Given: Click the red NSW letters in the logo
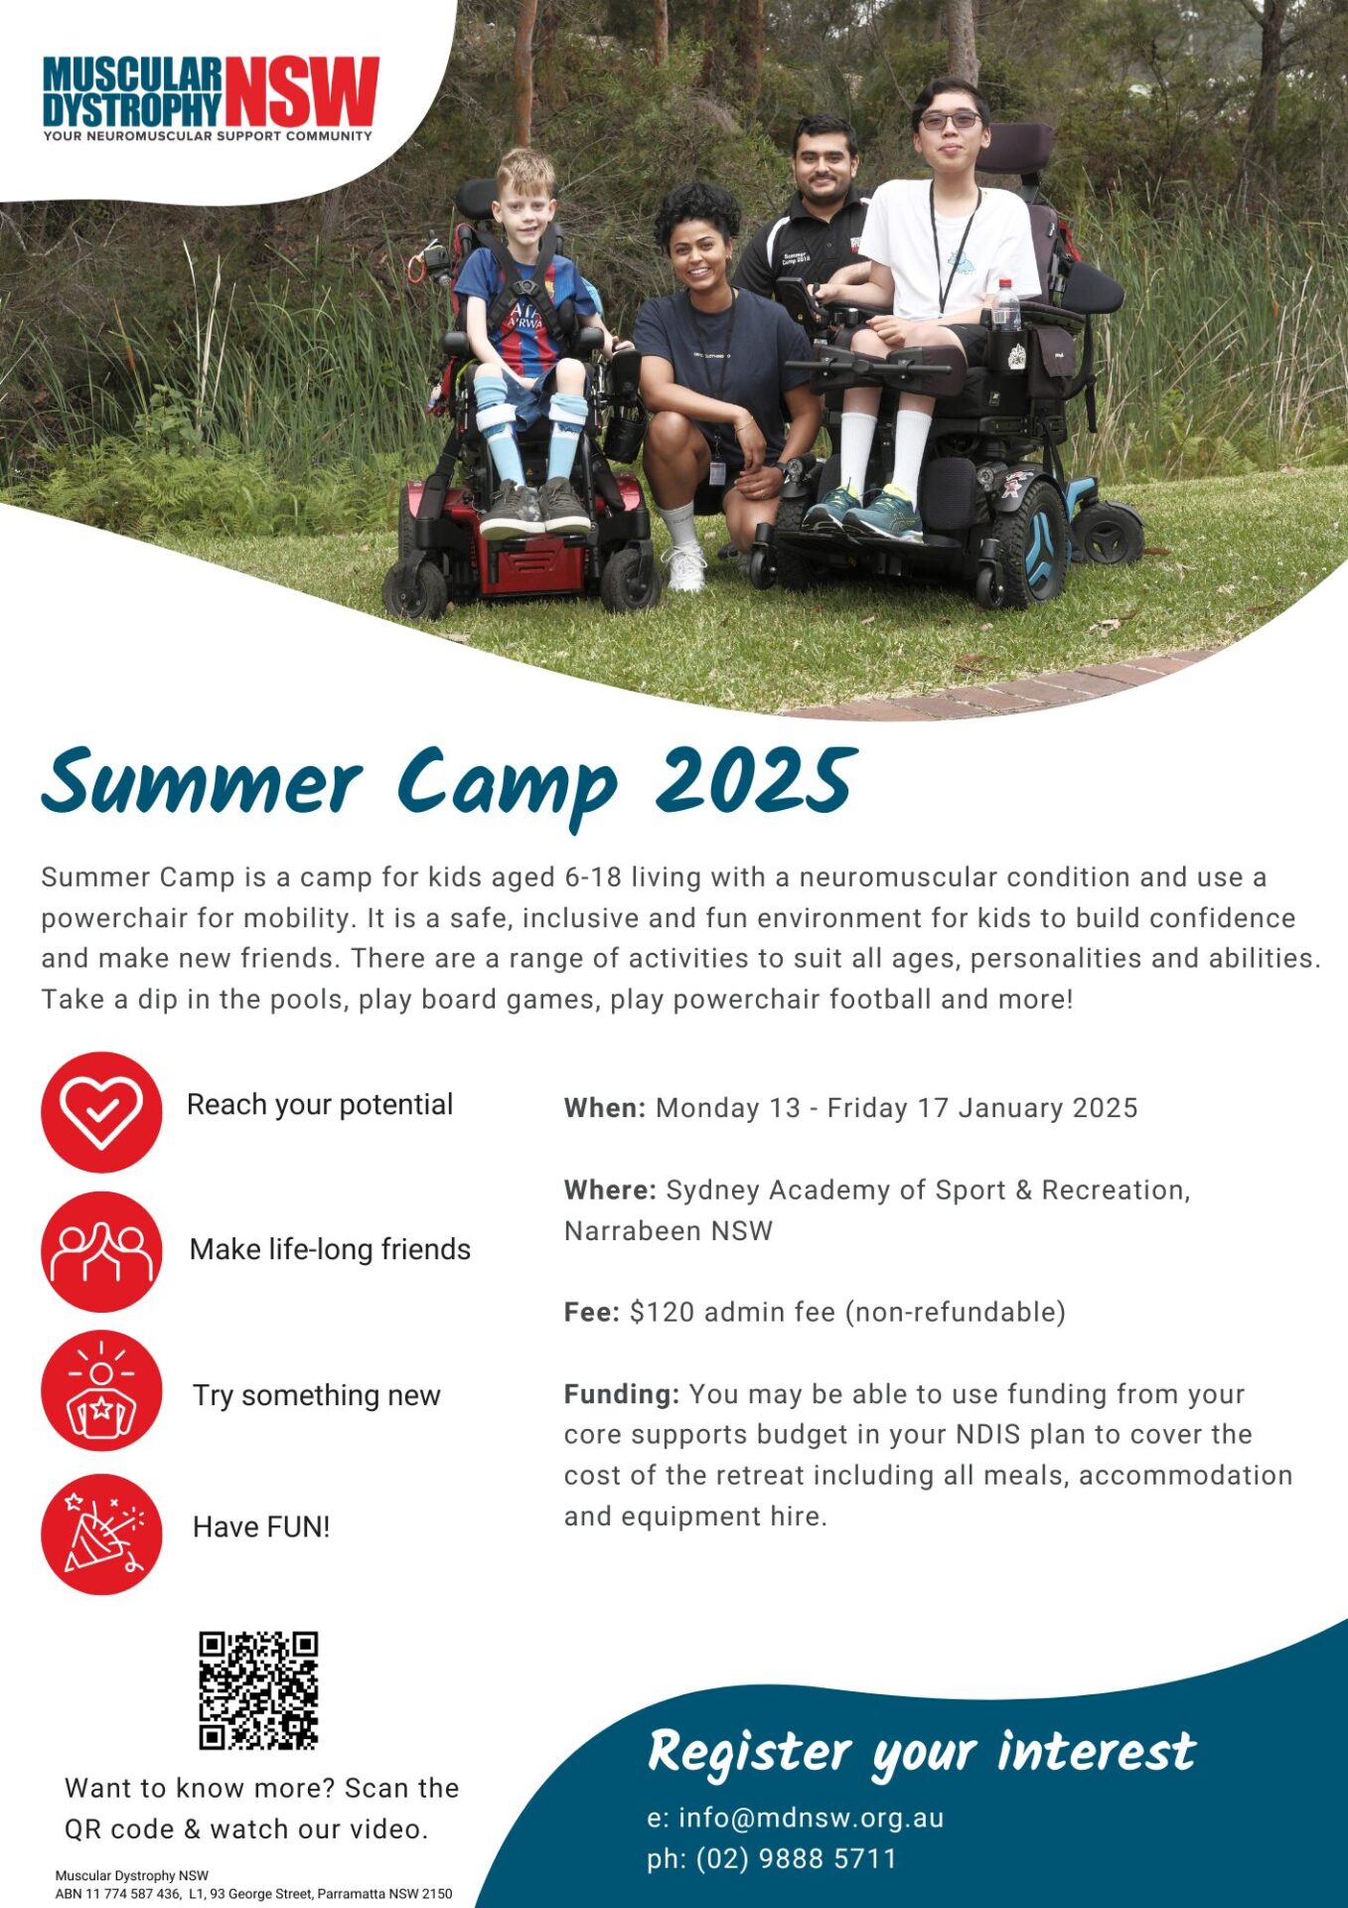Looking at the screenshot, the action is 302,91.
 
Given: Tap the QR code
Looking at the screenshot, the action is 258,1689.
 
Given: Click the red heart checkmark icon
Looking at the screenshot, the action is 101,1112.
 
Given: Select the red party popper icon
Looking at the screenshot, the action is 101,1534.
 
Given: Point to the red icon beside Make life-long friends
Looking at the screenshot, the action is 101,1251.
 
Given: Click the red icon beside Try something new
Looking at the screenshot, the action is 101,1390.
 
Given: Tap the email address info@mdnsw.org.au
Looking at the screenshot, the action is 811,1818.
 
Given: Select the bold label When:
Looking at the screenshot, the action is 605,1108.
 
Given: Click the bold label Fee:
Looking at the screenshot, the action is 592,1312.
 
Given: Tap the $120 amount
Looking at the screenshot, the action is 662,1312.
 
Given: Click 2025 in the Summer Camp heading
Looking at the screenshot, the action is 755,780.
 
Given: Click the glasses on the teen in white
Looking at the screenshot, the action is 949,120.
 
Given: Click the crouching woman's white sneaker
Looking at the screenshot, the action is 685,567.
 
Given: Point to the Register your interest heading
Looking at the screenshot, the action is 921,1752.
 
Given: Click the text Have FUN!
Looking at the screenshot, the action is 261,1526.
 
